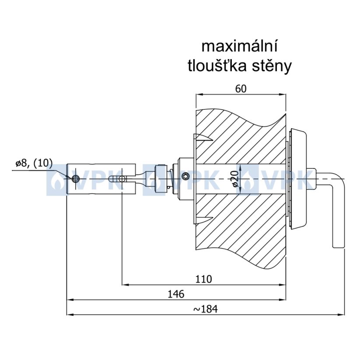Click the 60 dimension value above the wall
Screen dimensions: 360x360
pyautogui.click(x=241, y=89)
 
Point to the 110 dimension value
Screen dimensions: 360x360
pyautogui.click(x=204, y=279)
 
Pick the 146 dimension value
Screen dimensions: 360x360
pyautogui.click(x=176, y=294)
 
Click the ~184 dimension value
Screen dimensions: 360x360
pyautogui.click(x=206, y=309)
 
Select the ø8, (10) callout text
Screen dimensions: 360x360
pyautogui.click(x=34, y=164)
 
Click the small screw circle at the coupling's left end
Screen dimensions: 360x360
pyautogui.click(x=75, y=178)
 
